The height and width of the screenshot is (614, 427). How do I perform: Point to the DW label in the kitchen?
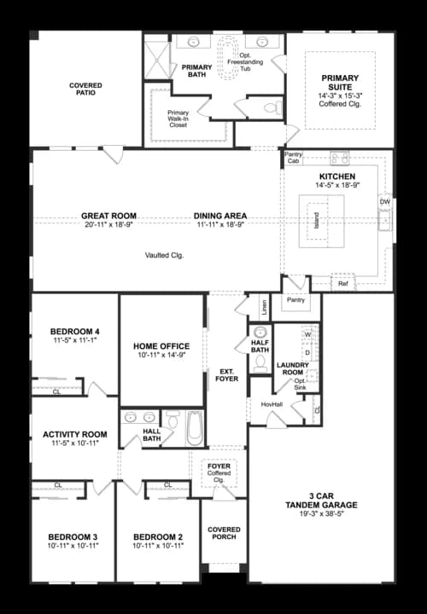coord(384,202)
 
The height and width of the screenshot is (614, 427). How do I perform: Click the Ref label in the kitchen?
coord(343,283)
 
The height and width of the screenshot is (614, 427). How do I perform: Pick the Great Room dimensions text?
coord(108,225)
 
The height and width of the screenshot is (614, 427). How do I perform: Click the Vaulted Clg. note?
coord(164,255)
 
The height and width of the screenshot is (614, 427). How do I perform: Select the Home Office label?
coord(161,346)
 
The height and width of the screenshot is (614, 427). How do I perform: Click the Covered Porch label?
coord(224,534)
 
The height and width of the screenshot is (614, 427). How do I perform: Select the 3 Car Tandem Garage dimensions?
coord(321,515)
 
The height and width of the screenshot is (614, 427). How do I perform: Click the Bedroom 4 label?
coord(74,331)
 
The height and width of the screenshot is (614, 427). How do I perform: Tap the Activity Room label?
coord(73,435)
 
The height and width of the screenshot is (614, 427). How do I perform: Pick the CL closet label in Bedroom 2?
coord(167,485)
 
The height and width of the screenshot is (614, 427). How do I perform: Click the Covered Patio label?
coord(85,89)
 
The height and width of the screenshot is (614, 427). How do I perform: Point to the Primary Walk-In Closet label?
coord(178,119)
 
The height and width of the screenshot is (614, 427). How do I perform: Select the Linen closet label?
coord(264,304)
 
